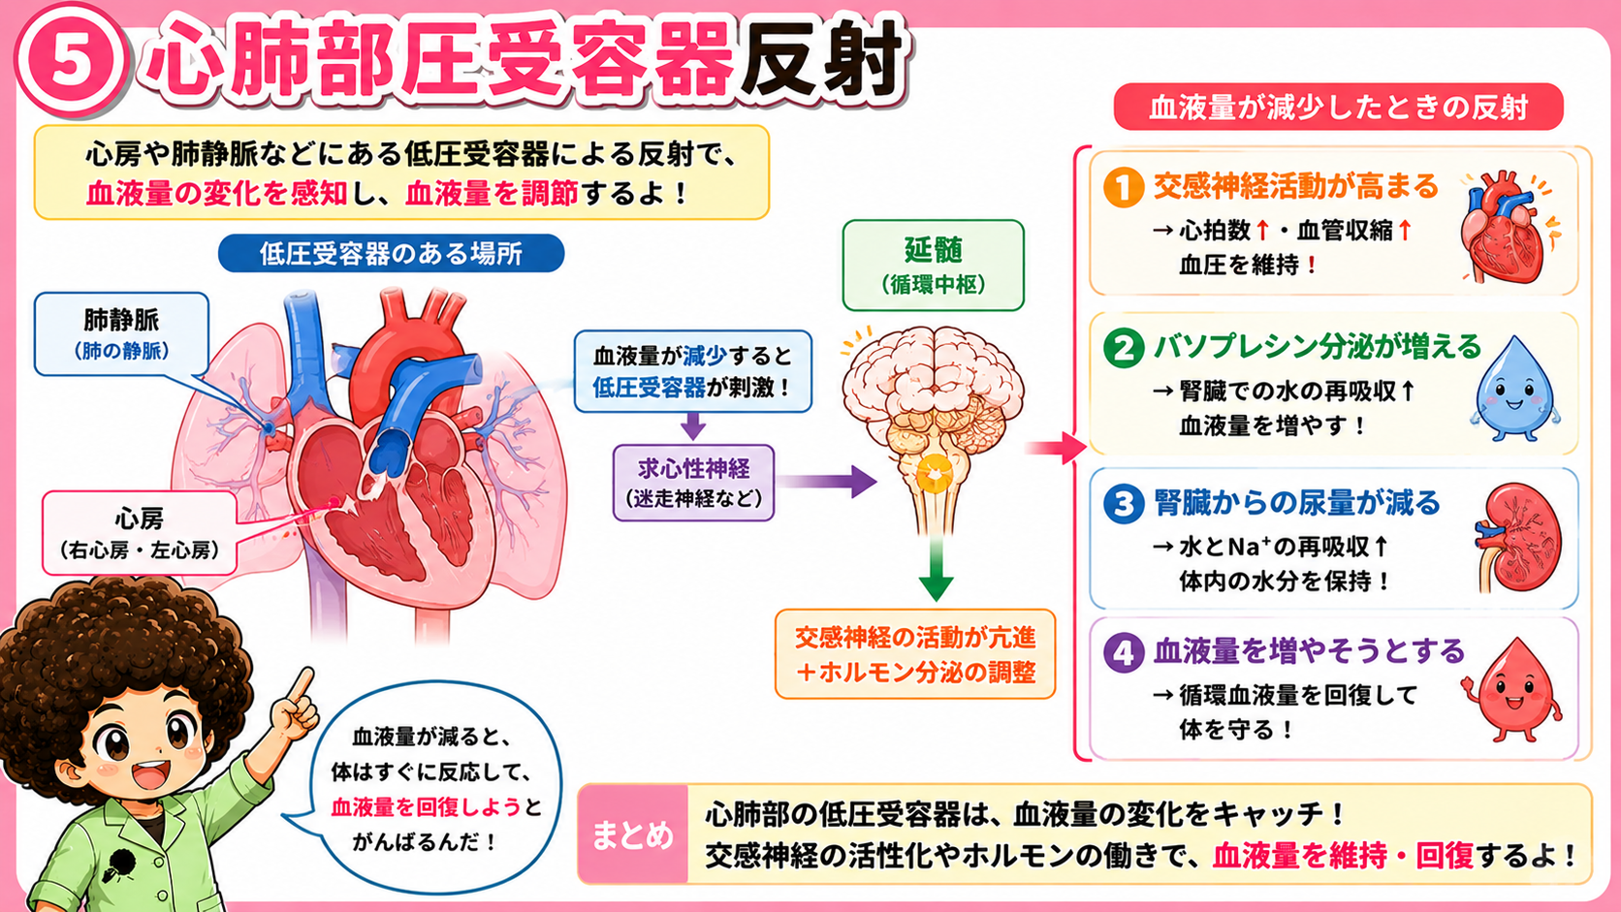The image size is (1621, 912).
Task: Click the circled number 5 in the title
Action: click(71, 60)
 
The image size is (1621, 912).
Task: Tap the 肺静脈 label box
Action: click(121, 334)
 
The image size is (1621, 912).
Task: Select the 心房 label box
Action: click(140, 533)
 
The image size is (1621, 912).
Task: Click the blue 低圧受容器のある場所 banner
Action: click(391, 253)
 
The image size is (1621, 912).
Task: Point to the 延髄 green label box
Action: click(934, 266)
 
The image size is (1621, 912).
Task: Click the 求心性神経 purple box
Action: click(693, 483)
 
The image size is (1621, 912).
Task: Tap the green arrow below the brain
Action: click(937, 570)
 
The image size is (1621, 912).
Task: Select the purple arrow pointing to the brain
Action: click(829, 482)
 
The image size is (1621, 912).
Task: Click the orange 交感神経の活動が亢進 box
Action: click(914, 654)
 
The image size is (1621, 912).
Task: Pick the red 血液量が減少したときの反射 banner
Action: click(1338, 107)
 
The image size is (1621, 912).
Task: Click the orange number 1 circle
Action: click(1123, 187)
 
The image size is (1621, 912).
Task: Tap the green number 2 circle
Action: click(1123, 347)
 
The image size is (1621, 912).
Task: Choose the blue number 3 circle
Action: click(1123, 503)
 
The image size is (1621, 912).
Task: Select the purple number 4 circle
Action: click(1123, 652)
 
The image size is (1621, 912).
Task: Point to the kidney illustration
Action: click(1517, 537)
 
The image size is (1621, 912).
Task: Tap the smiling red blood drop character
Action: click(1512, 691)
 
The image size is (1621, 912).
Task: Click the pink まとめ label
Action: click(632, 834)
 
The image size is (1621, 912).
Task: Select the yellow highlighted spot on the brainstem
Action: click(935, 475)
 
